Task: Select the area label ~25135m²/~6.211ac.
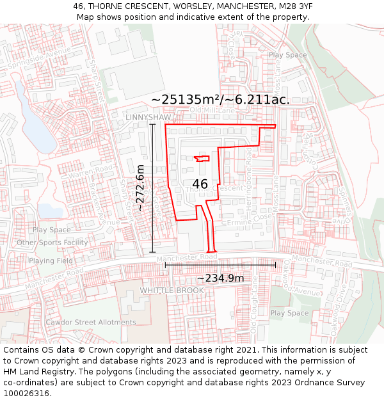click(x=221, y=99)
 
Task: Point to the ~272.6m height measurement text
click(x=140, y=188)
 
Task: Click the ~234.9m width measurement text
click(x=220, y=278)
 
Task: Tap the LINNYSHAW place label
click(x=148, y=118)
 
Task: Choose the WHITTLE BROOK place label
click(x=172, y=290)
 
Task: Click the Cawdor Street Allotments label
click(x=90, y=322)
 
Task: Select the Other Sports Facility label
click(x=52, y=243)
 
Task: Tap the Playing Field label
click(x=51, y=260)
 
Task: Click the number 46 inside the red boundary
click(x=200, y=184)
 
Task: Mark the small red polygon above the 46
click(x=202, y=158)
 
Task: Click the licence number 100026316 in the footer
click(x=26, y=393)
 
